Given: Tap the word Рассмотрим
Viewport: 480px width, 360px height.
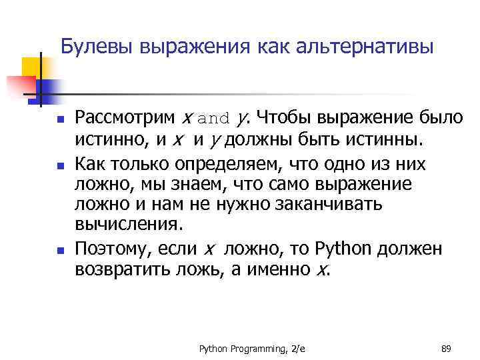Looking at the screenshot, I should tap(125, 119).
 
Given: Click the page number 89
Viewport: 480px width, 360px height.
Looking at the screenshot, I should tap(447, 348).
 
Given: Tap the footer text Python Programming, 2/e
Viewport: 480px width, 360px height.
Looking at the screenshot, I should tap(251, 348).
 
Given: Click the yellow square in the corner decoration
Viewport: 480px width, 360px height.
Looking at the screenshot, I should tap(30, 67).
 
